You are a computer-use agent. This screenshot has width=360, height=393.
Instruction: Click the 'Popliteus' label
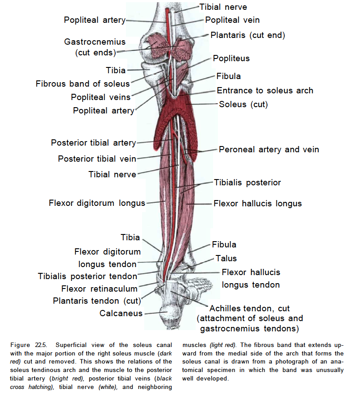[x=231, y=59]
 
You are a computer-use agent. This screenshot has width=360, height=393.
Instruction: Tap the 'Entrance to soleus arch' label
[x=265, y=91]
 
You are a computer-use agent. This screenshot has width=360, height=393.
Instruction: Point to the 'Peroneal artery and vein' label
[x=269, y=149]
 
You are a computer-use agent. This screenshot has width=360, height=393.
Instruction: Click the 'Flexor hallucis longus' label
[x=257, y=204]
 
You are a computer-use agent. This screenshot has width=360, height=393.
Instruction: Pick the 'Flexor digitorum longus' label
[x=97, y=203]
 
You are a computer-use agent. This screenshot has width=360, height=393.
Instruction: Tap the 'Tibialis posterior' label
[x=247, y=182]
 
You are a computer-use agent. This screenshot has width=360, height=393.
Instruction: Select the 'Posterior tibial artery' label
[x=93, y=143]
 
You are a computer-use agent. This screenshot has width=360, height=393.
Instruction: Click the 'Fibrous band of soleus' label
[x=83, y=84]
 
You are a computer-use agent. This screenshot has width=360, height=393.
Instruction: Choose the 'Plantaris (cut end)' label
[x=247, y=35]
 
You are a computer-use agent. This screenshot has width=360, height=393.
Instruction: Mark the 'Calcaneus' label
[x=121, y=313]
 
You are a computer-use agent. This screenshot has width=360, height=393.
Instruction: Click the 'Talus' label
[x=226, y=258]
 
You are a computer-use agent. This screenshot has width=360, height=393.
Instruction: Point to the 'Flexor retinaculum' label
[x=100, y=288]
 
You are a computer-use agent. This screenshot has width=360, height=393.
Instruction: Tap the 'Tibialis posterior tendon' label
[x=88, y=276]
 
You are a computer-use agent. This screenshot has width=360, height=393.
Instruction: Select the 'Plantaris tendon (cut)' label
[x=97, y=301]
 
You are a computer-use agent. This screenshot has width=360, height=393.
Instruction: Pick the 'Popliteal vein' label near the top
[x=232, y=20]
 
